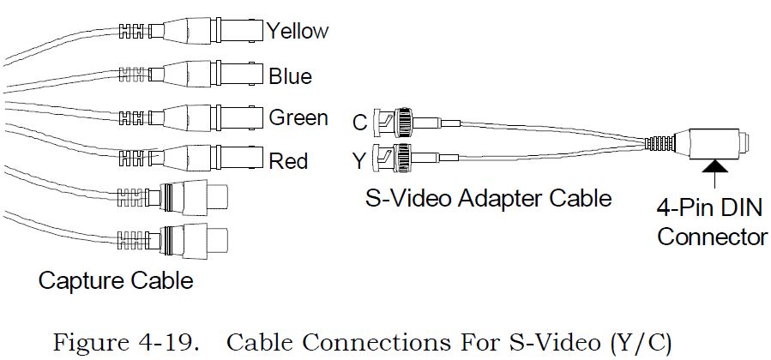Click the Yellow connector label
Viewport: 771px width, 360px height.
tap(297, 32)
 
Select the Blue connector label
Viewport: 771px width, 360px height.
tap(290, 75)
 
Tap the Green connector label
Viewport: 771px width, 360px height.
tap(298, 117)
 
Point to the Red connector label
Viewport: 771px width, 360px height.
tap(288, 160)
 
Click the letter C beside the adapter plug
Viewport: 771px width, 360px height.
tap(360, 123)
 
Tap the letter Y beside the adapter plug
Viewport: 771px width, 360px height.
tap(360, 160)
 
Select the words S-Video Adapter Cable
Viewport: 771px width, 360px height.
tap(488, 199)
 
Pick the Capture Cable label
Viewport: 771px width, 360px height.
tap(115, 280)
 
